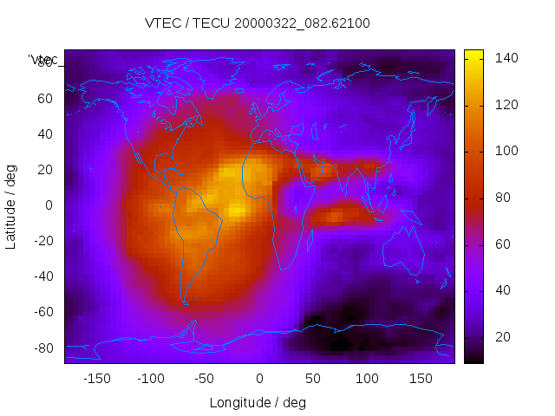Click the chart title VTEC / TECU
pyautogui.click(x=257, y=23)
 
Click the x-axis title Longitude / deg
pyautogui.click(x=258, y=403)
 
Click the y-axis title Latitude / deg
pyautogui.click(x=11, y=205)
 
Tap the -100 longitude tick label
pyautogui.click(x=150, y=379)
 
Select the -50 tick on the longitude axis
pyautogui.click(x=205, y=379)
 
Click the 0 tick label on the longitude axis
pyautogui.click(x=259, y=379)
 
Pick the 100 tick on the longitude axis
pyautogui.click(x=368, y=379)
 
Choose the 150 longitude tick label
pyautogui.click(x=421, y=379)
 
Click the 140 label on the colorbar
pyautogui.click(x=506, y=58)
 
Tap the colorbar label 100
pyautogui.click(x=506, y=151)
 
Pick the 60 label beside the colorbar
pyautogui.click(x=503, y=244)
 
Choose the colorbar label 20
pyautogui.click(x=503, y=337)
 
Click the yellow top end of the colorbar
pyautogui.click(x=473, y=55)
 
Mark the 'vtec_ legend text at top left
pyautogui.click(x=43, y=60)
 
